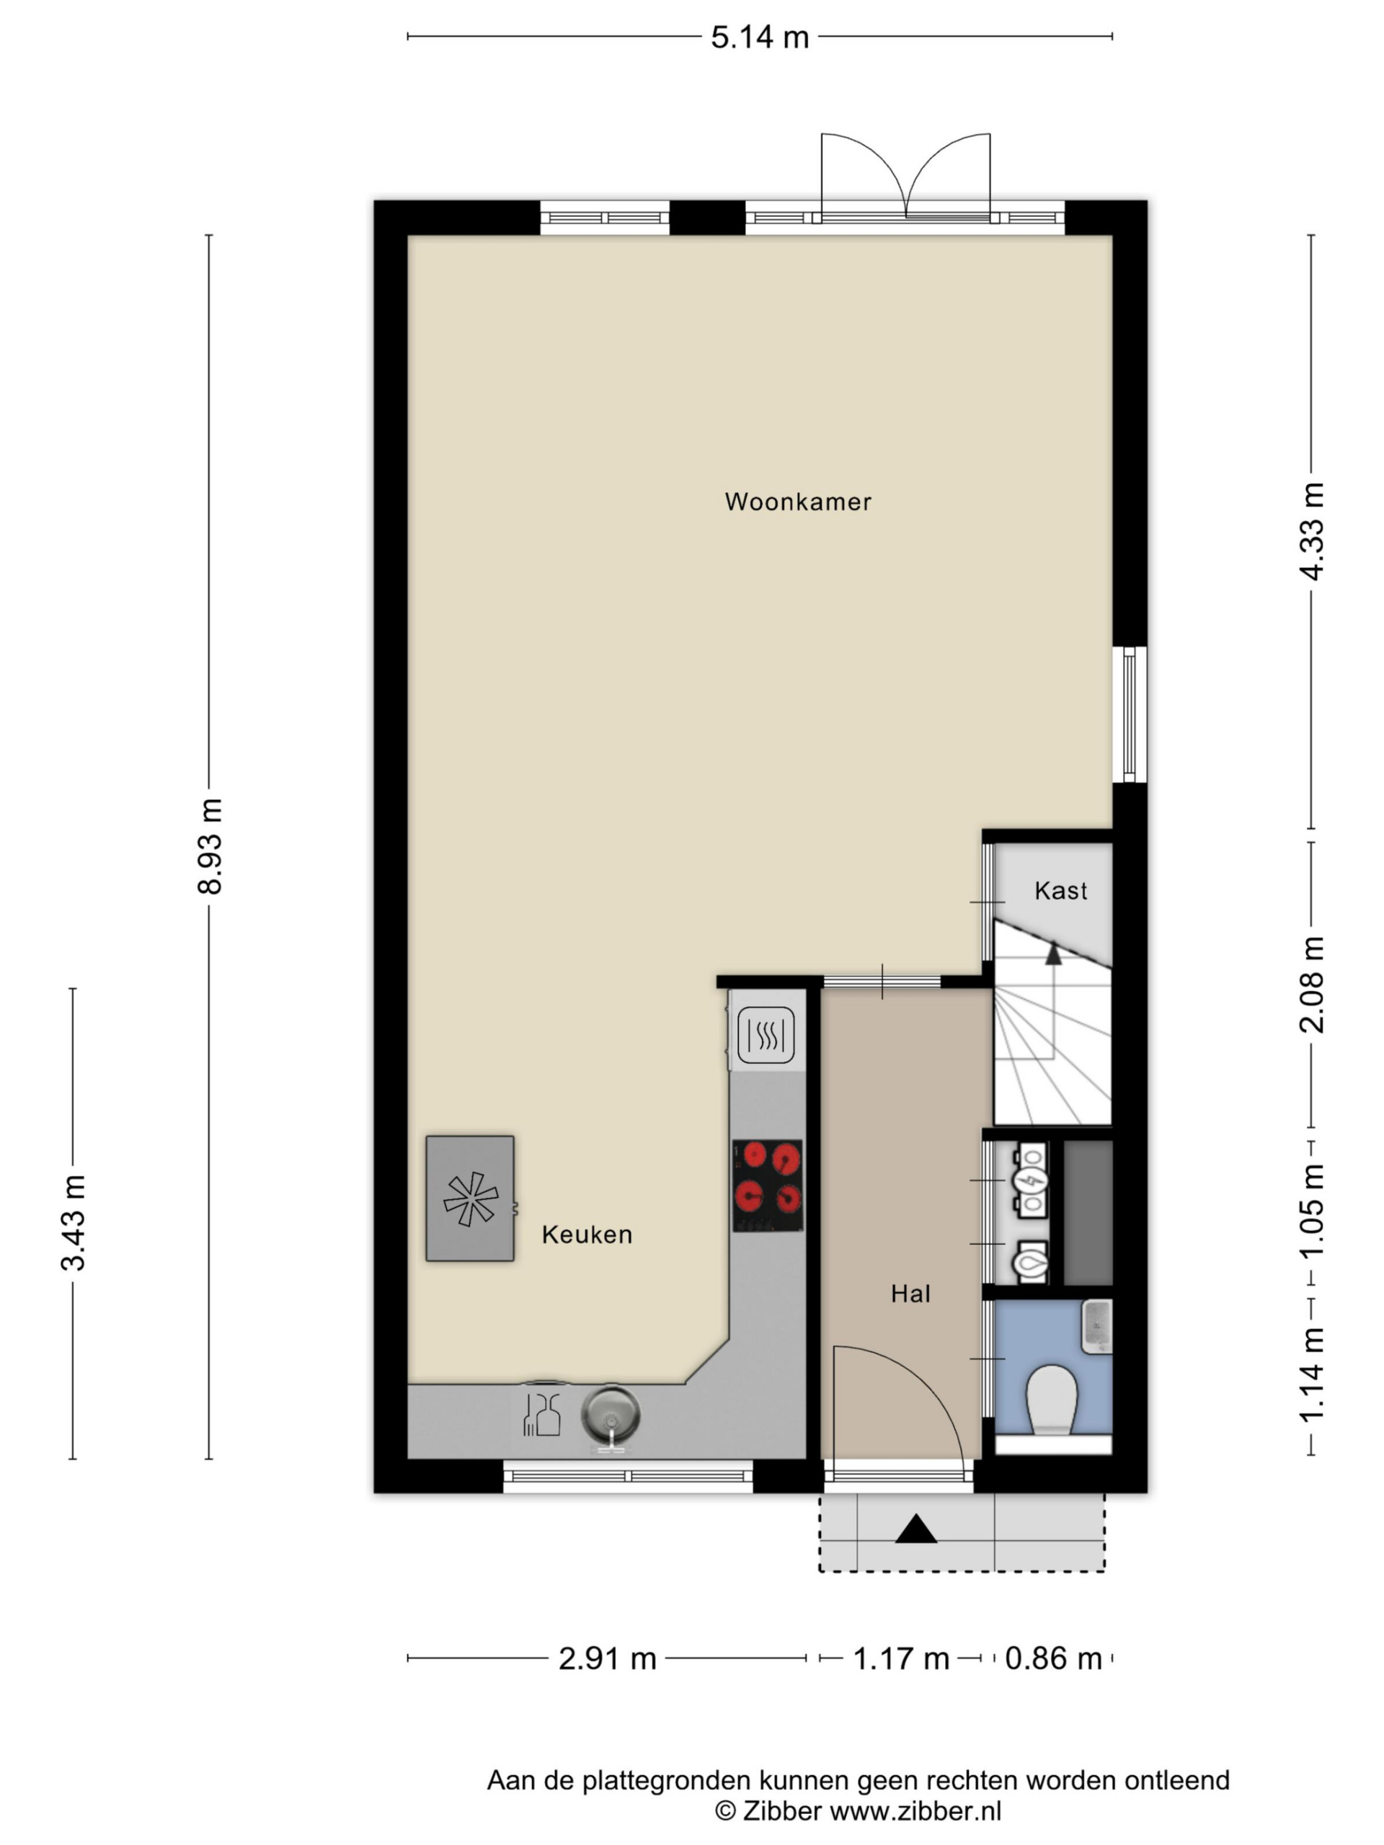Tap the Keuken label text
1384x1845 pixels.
coord(587,1235)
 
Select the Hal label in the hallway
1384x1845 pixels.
coord(910,1294)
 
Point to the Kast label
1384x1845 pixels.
coord(1060,891)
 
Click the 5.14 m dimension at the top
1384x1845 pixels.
coord(759,37)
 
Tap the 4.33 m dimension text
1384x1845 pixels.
coord(1311,531)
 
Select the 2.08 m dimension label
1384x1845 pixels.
coord(1311,984)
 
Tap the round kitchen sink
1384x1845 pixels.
coord(611,1416)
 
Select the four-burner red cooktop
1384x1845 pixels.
coord(768,1184)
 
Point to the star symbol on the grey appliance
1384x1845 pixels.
coord(471,1199)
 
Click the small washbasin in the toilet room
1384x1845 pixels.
coord(1097,1327)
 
